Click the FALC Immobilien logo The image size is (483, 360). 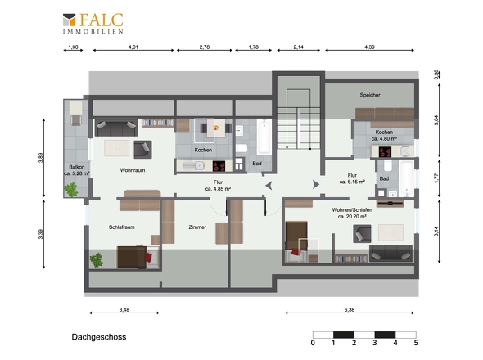93,23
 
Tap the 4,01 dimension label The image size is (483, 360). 133,47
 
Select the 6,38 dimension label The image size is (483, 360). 350,309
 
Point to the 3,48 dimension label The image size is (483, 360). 124,309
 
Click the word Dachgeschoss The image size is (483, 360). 99,337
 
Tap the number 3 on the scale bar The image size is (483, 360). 375,343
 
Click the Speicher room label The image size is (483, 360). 370,95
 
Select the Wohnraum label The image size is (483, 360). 133,170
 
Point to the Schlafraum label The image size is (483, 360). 122,227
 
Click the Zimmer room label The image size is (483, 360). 197,227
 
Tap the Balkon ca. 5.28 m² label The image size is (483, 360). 77,170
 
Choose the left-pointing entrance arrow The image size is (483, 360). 269,186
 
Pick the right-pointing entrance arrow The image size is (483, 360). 316,184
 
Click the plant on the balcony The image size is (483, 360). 71,190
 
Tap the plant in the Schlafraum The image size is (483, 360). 97,260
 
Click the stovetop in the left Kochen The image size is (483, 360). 219,166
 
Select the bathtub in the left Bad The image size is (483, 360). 264,137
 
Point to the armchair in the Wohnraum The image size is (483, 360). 142,150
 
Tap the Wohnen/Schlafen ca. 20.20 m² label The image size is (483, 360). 352,213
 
